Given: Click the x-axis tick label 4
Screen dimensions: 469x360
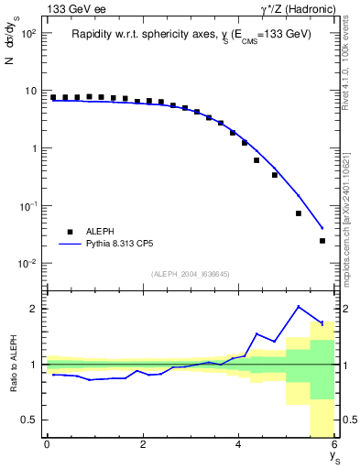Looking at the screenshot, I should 239,444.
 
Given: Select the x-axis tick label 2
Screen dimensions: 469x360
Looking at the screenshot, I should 143,444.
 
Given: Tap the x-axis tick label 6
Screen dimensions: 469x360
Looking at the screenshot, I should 334,444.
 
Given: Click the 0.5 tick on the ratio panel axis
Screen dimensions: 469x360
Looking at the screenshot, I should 28,420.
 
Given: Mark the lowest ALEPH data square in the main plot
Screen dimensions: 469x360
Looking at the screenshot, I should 322,241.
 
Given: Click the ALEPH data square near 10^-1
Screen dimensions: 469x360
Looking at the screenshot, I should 299,213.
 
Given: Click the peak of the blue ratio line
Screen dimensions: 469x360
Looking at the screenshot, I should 299,306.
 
